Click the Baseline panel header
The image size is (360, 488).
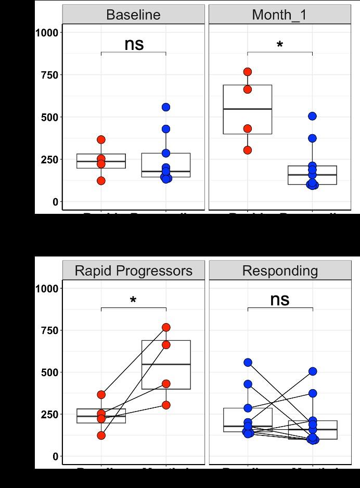(133, 15)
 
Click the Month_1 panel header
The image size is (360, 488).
(279, 15)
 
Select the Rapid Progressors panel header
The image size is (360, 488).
(133, 271)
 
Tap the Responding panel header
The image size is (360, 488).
(279, 271)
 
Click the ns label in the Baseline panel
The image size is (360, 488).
(134, 44)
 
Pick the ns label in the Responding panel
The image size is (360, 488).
(279, 300)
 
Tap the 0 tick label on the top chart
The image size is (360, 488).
(55, 202)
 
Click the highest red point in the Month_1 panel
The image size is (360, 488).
(248, 72)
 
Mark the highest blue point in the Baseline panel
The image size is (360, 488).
(166, 107)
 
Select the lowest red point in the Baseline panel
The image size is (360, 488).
(101, 181)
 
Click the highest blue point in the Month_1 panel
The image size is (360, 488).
(312, 116)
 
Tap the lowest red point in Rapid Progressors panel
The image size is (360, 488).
(101, 435)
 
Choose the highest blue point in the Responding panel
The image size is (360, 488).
(248, 363)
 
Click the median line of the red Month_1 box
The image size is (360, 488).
(248, 109)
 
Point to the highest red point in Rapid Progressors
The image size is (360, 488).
(166, 327)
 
